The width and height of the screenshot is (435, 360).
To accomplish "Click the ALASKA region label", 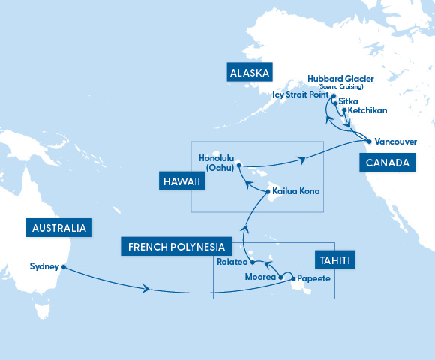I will click(250, 73).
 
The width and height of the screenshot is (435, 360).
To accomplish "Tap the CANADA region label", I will click(387, 163).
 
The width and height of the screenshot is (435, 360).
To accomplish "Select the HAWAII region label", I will click(181, 181).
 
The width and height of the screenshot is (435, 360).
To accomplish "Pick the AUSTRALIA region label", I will click(58, 228).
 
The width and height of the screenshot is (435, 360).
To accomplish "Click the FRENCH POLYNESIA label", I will click(176, 246).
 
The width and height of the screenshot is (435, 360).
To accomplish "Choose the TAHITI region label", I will click(334, 260).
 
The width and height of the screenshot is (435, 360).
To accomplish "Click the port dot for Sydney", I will click(64, 266).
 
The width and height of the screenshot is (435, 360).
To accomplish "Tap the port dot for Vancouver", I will click(368, 141).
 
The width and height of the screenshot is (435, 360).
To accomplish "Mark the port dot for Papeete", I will click(293, 278).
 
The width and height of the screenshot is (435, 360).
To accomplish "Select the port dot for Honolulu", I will click(238, 165).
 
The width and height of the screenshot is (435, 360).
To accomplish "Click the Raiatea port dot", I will click(253, 263).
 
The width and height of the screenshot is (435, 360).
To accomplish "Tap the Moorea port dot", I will click(281, 277).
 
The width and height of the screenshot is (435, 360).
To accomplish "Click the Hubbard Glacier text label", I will click(340, 79).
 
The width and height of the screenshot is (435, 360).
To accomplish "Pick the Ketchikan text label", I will click(368, 110).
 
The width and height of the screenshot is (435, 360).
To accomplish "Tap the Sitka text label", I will click(348, 100).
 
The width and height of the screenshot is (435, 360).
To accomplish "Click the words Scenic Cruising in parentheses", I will click(340, 87).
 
